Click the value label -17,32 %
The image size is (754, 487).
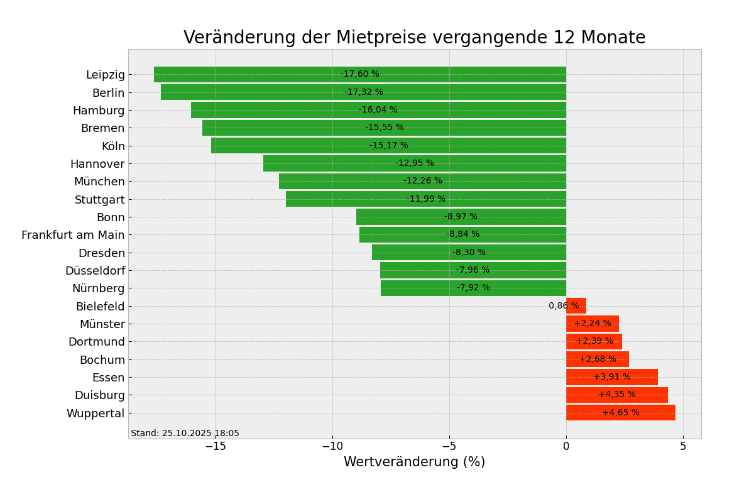pos(363,92)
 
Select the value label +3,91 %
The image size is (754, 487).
pos(612,377)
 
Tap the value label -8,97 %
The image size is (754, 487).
pos(461,217)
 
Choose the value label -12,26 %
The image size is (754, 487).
pos(422,181)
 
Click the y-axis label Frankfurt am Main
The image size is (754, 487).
pos(73,235)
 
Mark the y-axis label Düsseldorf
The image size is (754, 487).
pos(95,271)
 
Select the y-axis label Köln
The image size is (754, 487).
pos(113,146)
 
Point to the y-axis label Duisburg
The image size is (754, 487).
pos(99,395)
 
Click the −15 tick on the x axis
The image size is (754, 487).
pos(215,447)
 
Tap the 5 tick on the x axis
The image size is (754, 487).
pos(683,447)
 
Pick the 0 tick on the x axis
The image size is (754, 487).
pos(566,447)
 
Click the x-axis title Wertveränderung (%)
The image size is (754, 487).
pos(414,462)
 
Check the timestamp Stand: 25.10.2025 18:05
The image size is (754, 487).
pos(185,434)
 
